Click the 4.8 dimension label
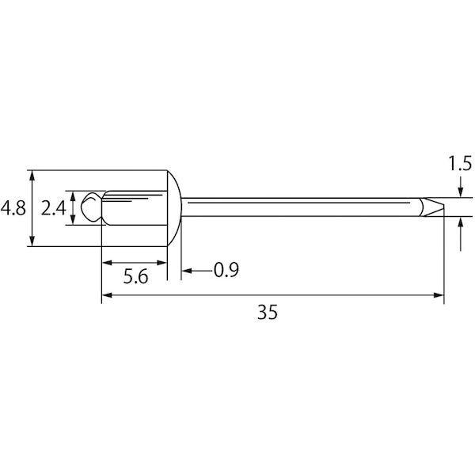point(13,208)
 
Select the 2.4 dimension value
point(53,208)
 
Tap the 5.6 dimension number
point(135,276)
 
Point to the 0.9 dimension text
point(226,270)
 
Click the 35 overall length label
point(268,312)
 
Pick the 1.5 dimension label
point(460,164)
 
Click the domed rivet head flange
point(174,208)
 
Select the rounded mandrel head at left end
point(92,207)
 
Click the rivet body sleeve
point(135,207)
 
